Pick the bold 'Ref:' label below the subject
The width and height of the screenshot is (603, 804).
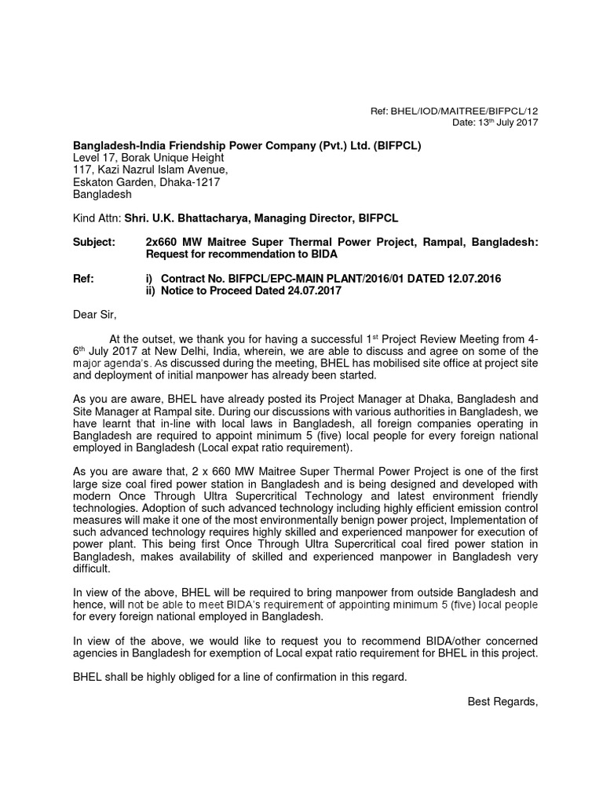pos(83,278)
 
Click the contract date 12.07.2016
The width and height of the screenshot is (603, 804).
pos(470,278)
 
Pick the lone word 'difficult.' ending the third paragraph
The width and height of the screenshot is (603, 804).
pos(94,568)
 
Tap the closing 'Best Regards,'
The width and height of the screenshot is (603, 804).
pos(502,700)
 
